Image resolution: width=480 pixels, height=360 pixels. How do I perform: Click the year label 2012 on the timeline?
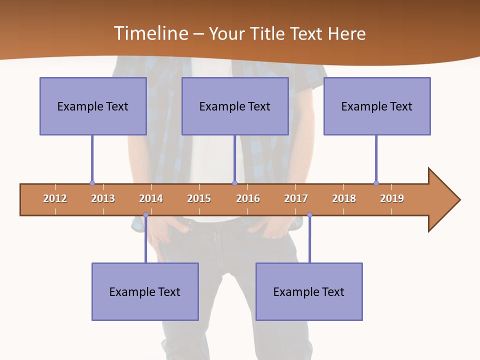55,198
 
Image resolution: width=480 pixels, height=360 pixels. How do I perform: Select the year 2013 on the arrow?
103,198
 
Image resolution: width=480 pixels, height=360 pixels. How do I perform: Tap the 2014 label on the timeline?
151,198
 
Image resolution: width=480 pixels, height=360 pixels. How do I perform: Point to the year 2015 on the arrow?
199,198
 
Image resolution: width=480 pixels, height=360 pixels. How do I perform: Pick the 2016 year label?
248,198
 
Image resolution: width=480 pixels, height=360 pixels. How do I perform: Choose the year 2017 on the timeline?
296,198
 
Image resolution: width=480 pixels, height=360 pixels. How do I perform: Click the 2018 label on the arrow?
344,198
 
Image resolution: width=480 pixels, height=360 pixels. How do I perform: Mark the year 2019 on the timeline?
392,198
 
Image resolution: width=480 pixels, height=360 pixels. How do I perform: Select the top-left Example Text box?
93,106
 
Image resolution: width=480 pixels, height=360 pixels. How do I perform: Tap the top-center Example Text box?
235,106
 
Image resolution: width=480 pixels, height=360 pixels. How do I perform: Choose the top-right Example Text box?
377,106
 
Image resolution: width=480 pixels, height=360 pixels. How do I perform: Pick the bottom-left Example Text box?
145,291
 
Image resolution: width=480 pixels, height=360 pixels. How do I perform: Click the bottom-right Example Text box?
309,291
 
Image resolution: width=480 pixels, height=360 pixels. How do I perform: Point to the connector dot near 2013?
92,183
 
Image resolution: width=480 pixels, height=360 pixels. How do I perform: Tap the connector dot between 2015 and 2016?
234,183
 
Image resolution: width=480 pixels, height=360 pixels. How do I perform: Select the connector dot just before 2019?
376,183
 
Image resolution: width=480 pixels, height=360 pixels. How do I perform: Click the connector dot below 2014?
145,215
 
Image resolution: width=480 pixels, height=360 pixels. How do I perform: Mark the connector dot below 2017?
309,215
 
